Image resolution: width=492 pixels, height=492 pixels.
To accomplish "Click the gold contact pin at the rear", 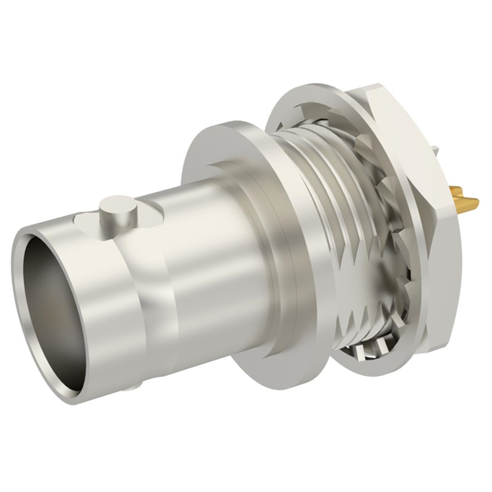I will click(464, 204).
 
